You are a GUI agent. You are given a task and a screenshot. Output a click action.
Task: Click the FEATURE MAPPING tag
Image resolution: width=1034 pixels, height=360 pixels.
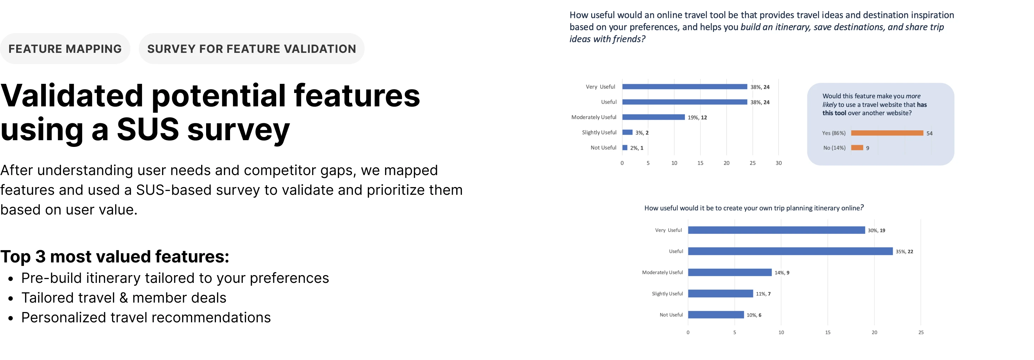(x=65, y=49)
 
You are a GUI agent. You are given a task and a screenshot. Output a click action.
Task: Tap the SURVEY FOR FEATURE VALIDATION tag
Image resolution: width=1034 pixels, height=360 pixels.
(x=252, y=49)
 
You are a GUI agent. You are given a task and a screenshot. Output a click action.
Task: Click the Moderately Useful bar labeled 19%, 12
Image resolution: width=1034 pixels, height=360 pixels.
(x=654, y=117)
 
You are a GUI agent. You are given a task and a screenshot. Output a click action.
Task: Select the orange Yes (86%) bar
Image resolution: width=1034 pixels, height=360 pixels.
(x=887, y=133)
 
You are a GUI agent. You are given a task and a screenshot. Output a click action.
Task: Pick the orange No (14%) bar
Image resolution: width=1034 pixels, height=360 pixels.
(x=857, y=148)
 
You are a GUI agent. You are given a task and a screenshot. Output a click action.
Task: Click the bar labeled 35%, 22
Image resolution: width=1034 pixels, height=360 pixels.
(x=790, y=251)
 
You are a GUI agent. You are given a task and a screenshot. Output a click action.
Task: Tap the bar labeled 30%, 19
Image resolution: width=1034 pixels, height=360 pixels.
(x=776, y=230)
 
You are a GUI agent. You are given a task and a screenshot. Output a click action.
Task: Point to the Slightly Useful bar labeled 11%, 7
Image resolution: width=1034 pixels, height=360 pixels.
(x=720, y=293)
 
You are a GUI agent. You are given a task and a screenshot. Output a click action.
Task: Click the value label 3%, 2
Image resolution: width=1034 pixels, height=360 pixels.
(x=642, y=133)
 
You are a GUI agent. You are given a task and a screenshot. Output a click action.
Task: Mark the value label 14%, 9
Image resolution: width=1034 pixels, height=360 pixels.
(x=782, y=273)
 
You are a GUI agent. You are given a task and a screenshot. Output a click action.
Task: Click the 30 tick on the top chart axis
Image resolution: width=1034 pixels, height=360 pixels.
(x=779, y=163)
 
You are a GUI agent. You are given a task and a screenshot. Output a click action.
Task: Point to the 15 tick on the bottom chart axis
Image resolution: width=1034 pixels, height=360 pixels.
(x=828, y=332)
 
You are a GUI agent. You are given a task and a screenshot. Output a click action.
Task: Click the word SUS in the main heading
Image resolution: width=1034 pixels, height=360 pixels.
(x=148, y=129)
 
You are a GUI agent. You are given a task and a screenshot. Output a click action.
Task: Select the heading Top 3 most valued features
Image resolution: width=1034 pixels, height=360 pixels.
(x=115, y=256)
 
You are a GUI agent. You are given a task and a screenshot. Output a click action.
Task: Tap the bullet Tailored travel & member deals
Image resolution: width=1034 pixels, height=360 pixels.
(x=124, y=298)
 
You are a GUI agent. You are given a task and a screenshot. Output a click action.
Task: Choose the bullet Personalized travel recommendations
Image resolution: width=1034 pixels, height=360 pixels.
(x=146, y=317)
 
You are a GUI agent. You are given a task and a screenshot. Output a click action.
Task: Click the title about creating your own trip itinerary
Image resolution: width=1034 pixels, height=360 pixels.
(x=754, y=208)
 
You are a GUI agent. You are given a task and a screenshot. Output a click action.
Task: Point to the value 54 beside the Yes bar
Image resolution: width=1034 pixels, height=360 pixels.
(x=930, y=133)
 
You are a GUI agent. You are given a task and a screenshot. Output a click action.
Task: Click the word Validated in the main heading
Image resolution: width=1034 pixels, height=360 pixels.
(x=72, y=95)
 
